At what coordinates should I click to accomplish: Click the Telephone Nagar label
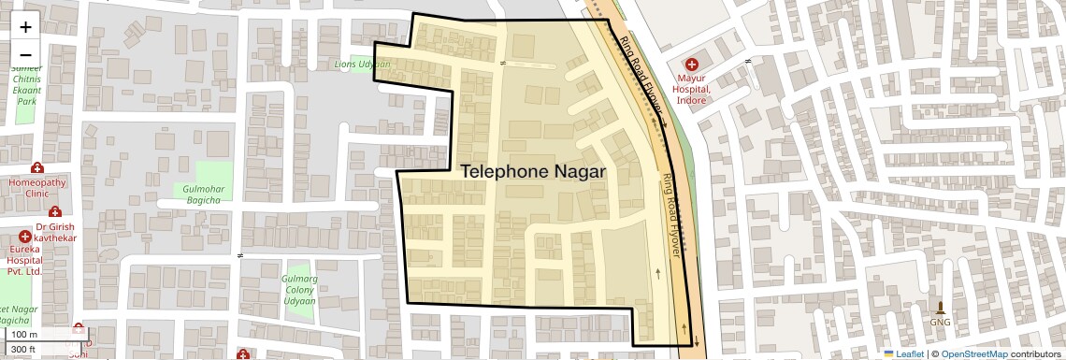point(533,172)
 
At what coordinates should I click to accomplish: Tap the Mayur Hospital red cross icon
point(693,65)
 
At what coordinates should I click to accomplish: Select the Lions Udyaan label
point(362,65)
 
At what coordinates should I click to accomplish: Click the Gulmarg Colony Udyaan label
point(300,290)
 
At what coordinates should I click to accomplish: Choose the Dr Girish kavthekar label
point(54,233)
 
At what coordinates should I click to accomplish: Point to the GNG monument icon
point(941,308)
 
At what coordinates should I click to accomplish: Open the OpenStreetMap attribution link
point(973,353)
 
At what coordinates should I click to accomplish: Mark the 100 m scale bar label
point(25,335)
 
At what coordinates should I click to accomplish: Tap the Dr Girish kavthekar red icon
point(55,212)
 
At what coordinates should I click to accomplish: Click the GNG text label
point(941,323)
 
